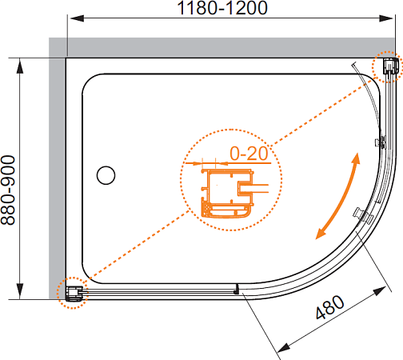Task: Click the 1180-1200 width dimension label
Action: tap(222, 7)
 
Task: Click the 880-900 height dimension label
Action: tap(8, 190)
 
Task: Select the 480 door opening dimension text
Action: tap(330, 307)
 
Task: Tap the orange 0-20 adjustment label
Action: tap(249, 154)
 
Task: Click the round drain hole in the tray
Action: tap(106, 175)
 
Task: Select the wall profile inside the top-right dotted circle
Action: tap(391, 66)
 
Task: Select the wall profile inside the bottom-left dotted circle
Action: tap(74, 294)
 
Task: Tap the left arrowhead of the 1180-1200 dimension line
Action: tap(77, 18)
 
